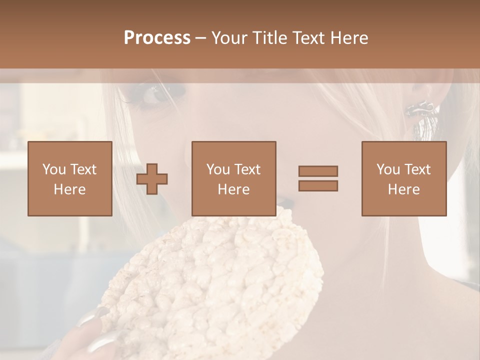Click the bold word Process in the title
[x=157, y=38]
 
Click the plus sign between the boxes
[x=152, y=179]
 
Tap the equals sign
[x=318, y=178]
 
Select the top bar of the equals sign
[x=318, y=171]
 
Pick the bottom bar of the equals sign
[x=318, y=185]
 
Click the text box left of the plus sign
[x=70, y=179]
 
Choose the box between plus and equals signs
[x=234, y=179]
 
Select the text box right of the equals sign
[x=404, y=179]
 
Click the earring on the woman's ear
[x=421, y=108]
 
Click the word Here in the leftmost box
[x=70, y=189]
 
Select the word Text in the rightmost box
[x=417, y=169]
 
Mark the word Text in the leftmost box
[x=83, y=169]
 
